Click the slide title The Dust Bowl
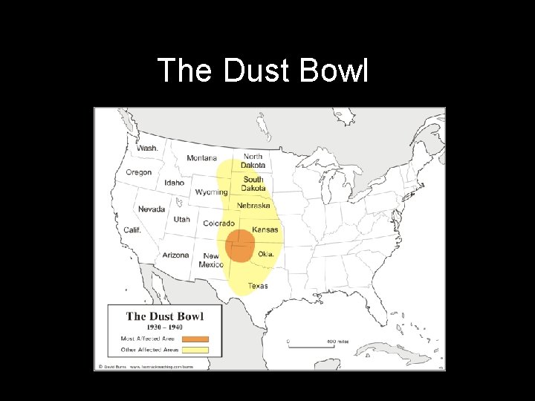pos(263,71)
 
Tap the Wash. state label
pos(147,149)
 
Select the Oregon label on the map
pos(139,172)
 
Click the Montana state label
pos(202,158)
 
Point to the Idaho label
pos(175,183)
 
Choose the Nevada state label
pos(152,209)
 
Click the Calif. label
pos(132,230)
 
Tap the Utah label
pos(182,219)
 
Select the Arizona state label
pos(176,255)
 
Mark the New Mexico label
pos(211,260)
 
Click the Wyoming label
pos(212,192)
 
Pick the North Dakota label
pos(253,160)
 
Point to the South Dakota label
pos(253,183)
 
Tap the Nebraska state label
pos(253,205)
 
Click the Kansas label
pos(265,229)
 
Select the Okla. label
pos(266,253)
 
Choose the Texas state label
pos(258,285)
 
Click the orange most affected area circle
pos(239,245)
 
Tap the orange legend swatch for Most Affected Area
pos(195,339)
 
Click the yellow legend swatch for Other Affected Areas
pos(195,350)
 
